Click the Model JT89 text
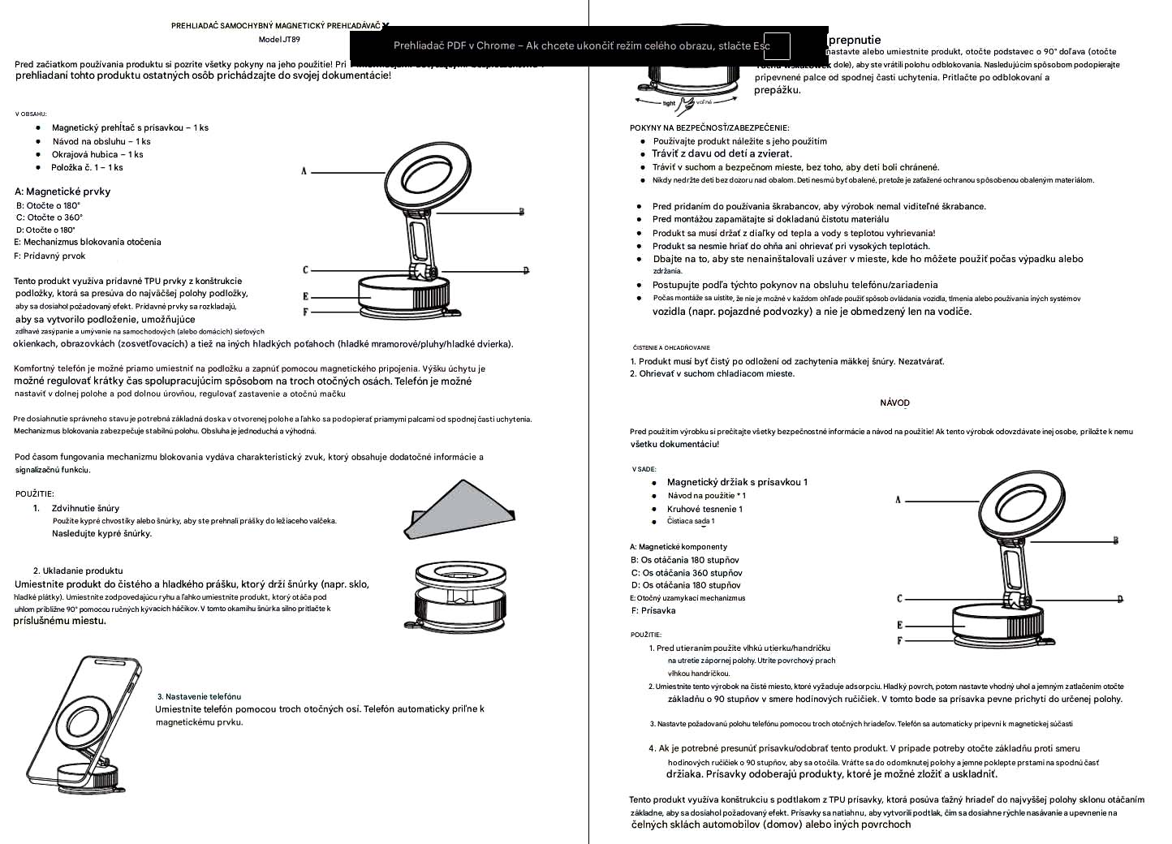pos(279,39)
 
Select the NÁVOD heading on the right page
pos(894,403)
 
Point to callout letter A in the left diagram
pos(304,171)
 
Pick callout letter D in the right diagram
pos(1120,599)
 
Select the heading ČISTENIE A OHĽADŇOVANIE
pos(671,347)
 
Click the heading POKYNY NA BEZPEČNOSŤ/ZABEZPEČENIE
pos(709,127)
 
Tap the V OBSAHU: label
pos(31,114)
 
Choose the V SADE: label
pos(644,469)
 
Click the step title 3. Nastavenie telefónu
pos(199,696)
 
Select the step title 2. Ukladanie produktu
pos(78,571)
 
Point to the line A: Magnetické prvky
pos(62,192)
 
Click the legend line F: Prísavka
pos(653,610)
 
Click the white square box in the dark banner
pos(777,46)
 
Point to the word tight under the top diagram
pos(669,104)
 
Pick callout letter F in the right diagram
pos(899,641)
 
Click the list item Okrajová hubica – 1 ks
pos(97,154)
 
